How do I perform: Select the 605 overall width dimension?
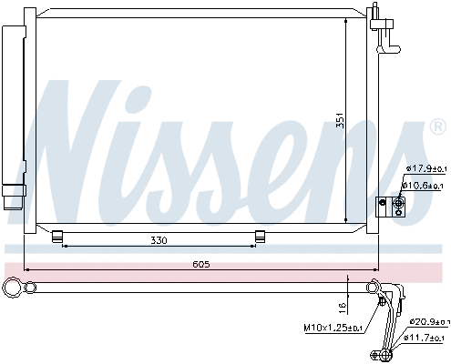201,264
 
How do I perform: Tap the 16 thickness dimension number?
341,306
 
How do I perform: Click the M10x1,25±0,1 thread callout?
333,328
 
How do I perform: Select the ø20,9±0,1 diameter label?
427,322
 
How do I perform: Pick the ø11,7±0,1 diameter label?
427,339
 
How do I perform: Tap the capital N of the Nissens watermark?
73,136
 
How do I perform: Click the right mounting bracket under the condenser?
260,237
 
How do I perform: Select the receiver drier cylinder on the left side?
14,100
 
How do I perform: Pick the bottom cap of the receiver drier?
13,197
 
